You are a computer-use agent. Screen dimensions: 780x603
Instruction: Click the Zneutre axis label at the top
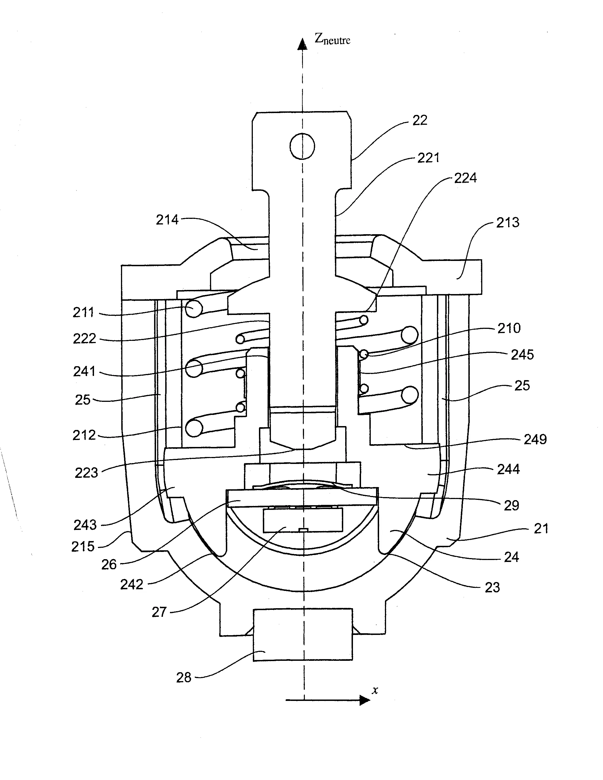click(x=332, y=39)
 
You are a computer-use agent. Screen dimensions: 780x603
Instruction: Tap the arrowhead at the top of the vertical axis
click(x=303, y=44)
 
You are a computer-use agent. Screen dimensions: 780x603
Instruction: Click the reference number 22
click(x=420, y=120)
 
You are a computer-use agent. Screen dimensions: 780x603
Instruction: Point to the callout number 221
click(x=428, y=158)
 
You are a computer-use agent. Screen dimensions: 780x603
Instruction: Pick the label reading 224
click(x=465, y=178)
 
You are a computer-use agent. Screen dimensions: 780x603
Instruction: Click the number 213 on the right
click(x=507, y=222)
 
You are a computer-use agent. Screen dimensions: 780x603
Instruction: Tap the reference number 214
click(x=167, y=220)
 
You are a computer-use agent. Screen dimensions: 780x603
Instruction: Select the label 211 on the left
click(x=83, y=312)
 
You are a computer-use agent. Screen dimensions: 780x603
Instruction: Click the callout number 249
click(x=535, y=439)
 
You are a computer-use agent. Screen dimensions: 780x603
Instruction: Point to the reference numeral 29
click(x=511, y=505)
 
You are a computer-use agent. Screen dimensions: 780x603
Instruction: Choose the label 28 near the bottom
click(x=184, y=678)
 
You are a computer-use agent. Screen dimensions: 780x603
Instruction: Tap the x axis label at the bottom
click(x=375, y=690)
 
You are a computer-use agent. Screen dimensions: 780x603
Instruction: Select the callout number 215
click(x=83, y=546)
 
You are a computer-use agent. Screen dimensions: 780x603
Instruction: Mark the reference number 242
click(x=131, y=584)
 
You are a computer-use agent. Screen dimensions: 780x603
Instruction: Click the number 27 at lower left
click(x=159, y=612)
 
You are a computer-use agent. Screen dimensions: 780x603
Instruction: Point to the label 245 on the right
click(x=522, y=355)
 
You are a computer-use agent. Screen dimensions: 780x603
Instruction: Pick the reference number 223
click(x=86, y=473)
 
